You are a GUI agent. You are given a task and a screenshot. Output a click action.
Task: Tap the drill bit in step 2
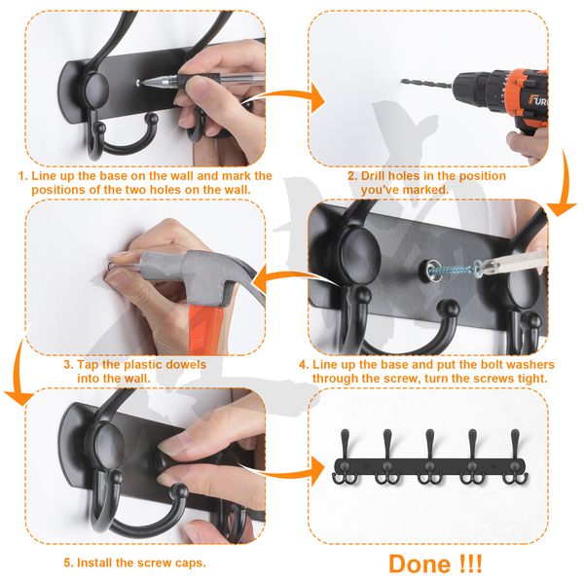pyautogui.click(x=426, y=84)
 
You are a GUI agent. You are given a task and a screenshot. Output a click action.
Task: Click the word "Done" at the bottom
pyautogui.click(x=420, y=564)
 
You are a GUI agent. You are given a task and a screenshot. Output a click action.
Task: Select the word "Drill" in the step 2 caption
pyautogui.click(x=373, y=176)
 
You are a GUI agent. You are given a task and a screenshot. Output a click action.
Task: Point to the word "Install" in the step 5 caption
pyautogui.click(x=94, y=563)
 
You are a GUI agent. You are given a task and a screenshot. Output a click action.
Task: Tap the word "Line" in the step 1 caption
pyautogui.click(x=42, y=176)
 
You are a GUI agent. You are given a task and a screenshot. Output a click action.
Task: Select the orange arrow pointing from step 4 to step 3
pyautogui.click(x=294, y=277)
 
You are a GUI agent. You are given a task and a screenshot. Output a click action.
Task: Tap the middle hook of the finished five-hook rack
pyautogui.click(x=430, y=457)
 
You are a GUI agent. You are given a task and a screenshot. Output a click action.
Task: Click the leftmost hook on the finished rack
pyautogui.click(x=345, y=457)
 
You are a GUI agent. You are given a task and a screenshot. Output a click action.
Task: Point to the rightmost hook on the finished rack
pyautogui.click(x=516, y=457)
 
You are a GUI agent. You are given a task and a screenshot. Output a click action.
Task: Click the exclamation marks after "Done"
pyautogui.click(x=471, y=564)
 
